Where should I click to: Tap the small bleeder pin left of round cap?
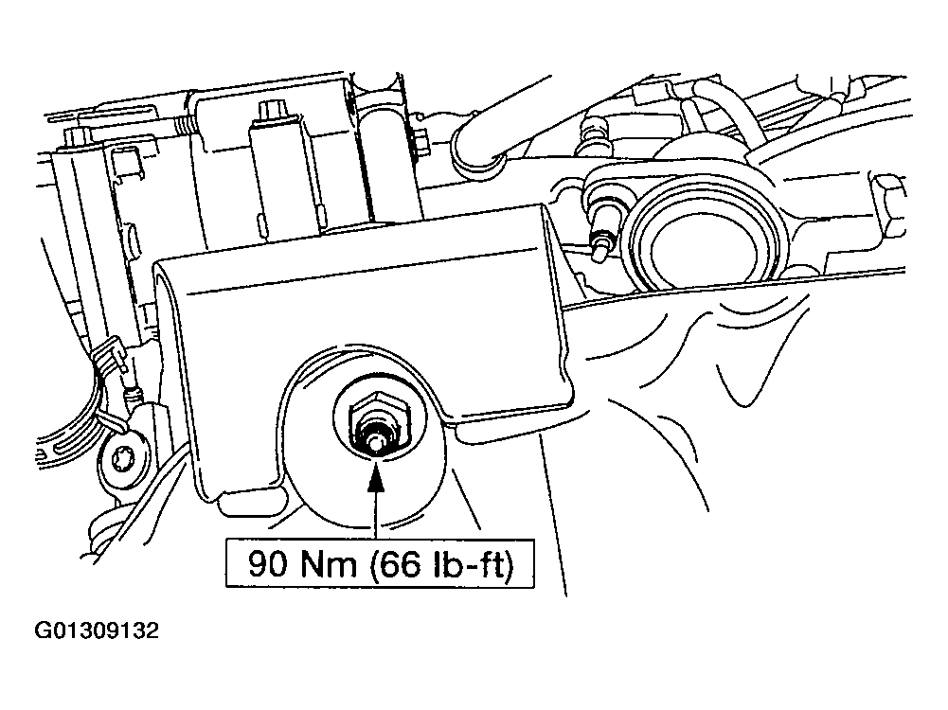click(x=599, y=244)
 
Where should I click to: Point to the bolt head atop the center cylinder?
click(x=273, y=112)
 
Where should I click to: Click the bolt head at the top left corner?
click(x=75, y=140)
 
